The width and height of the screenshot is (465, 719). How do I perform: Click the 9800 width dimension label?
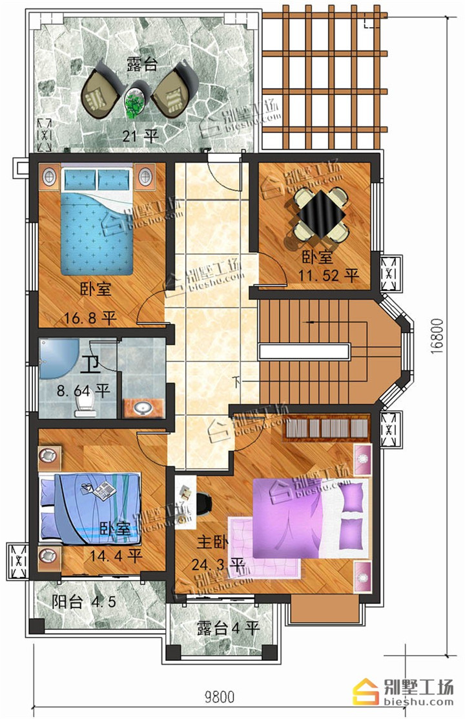(219, 698)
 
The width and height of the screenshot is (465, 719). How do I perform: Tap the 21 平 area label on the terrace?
(141, 135)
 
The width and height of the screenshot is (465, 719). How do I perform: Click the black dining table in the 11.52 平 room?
(322, 213)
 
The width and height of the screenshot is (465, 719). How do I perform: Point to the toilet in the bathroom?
(85, 405)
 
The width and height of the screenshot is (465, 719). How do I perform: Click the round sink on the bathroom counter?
(143, 407)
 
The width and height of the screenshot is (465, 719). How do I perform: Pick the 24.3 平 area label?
(217, 564)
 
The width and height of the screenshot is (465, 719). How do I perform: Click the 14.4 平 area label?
(115, 556)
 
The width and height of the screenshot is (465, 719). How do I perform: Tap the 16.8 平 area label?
(90, 317)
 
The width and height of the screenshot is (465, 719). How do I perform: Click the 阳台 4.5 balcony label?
(84, 601)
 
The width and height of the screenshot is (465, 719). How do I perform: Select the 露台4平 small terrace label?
(229, 628)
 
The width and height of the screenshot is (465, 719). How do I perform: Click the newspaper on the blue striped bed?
(105, 491)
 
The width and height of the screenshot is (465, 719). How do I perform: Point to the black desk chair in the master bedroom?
(205, 504)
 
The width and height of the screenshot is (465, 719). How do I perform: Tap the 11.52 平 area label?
(328, 275)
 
